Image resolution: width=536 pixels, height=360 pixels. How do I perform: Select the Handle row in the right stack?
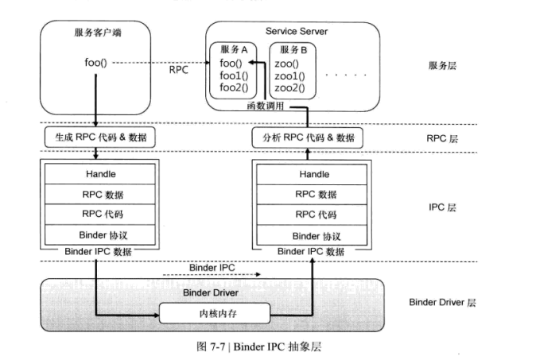pyautogui.click(x=313, y=174)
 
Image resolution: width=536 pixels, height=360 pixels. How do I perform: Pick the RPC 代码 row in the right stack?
pyautogui.click(x=313, y=215)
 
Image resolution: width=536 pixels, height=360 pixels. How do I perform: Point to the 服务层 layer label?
pyautogui.click(x=441, y=67)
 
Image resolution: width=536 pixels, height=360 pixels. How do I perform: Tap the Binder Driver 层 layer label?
pyautogui.click(x=441, y=302)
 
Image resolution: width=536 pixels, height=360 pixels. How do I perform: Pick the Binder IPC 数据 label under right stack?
pyautogui.click(x=311, y=251)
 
